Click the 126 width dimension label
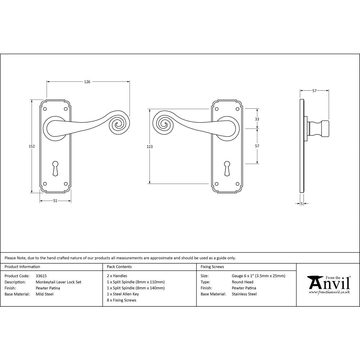pos(87,82)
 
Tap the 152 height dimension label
pos(32,146)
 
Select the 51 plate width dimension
pos(55,201)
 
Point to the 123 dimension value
pos(150,147)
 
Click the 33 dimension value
pos(257,119)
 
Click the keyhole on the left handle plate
pos(55,168)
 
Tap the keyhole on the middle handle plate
pos(227,168)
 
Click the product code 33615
pos(41,276)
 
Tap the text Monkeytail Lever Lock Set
pos(59,282)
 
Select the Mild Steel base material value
pos(45,294)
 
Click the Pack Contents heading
pos(119,267)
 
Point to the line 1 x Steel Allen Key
pos(123,294)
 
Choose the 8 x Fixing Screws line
pos(122,300)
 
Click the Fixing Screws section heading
pos(212,267)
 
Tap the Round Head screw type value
pos(243,282)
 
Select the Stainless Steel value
pos(244,294)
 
